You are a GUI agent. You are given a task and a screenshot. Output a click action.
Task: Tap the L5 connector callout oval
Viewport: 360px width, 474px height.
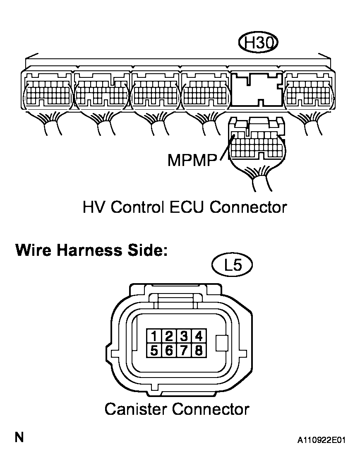click(x=232, y=265)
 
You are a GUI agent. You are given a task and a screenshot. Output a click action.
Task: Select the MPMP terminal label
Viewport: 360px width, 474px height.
click(x=192, y=160)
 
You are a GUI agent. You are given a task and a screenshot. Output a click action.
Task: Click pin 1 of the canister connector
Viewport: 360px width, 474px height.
click(x=154, y=336)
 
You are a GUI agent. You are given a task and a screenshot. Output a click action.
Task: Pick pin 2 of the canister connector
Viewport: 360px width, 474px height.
click(x=168, y=336)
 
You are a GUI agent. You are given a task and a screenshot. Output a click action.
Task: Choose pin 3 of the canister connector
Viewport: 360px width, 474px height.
click(x=184, y=336)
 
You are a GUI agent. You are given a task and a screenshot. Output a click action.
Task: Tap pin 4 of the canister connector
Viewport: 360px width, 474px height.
click(x=199, y=336)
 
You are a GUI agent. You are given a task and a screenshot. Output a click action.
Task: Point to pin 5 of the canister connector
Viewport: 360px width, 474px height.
click(x=154, y=351)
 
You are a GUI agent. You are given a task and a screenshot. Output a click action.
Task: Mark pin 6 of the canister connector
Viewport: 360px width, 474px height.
click(x=168, y=351)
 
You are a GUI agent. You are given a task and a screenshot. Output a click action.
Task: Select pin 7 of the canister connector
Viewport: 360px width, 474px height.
click(x=184, y=351)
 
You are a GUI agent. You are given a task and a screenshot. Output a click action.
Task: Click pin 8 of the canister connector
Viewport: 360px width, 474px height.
click(x=199, y=351)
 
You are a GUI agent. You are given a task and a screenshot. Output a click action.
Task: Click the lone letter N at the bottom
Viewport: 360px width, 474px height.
click(x=19, y=438)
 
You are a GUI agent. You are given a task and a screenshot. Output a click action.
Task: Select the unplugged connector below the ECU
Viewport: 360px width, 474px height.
click(x=257, y=141)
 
